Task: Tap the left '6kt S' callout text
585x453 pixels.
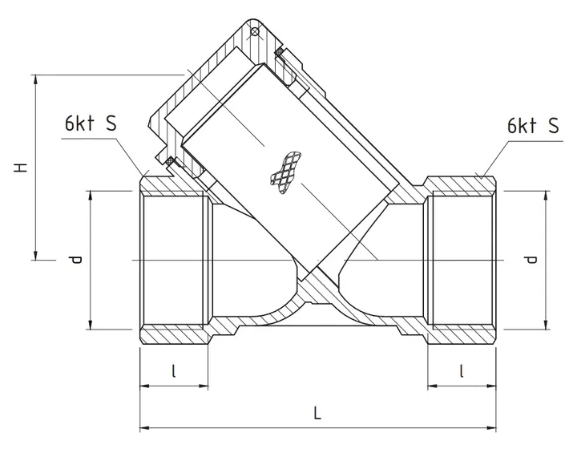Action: coord(90,125)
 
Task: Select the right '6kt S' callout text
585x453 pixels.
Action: coord(532,125)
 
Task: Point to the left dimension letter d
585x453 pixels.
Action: coord(75,260)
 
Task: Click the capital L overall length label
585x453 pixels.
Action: coord(318,414)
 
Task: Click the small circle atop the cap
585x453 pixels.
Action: coord(254,32)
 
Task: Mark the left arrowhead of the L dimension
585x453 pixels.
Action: coord(145,428)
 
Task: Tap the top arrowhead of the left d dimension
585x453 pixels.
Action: coord(90,196)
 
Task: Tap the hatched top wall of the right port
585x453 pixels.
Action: coord(460,184)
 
